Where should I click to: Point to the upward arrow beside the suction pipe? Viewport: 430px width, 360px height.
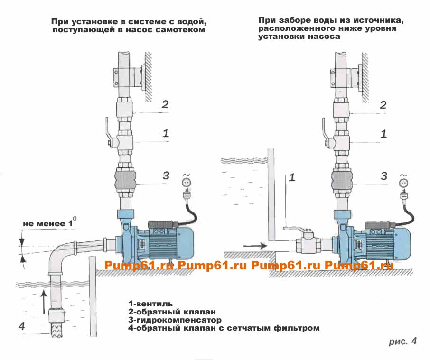43,300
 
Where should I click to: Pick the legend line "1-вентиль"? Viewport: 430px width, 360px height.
150,303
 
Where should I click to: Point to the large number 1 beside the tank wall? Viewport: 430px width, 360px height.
292,178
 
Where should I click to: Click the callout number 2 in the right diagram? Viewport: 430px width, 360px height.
383,105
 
